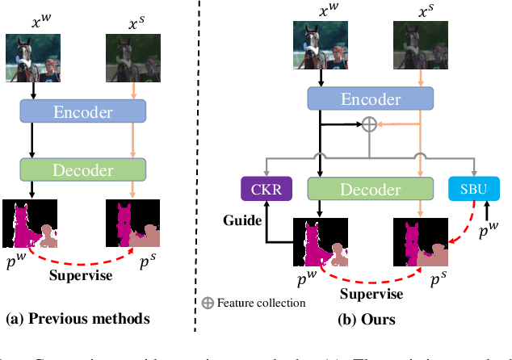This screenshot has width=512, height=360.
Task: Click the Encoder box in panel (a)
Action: (x=82, y=112)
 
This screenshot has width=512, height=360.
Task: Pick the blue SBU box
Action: (x=475, y=189)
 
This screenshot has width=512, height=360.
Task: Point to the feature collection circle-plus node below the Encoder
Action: (x=368, y=124)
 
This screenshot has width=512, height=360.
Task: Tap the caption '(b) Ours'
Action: (x=366, y=319)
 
